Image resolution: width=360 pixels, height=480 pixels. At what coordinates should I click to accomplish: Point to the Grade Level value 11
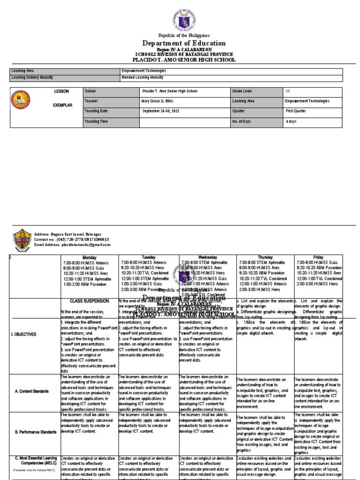(x=287, y=90)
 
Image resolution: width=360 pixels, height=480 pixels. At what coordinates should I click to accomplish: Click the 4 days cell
(x=291, y=121)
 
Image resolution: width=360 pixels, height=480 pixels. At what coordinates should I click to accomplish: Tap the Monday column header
(x=89, y=257)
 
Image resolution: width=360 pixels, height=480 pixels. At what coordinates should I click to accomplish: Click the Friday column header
(x=318, y=257)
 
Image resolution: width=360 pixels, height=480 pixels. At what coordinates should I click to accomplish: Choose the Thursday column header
(x=265, y=257)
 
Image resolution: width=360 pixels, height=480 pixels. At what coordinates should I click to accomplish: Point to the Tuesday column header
(x=148, y=257)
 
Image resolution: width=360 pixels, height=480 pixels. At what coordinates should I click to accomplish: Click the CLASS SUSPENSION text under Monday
(x=89, y=300)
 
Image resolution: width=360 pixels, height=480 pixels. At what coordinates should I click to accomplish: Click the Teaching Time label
(x=97, y=121)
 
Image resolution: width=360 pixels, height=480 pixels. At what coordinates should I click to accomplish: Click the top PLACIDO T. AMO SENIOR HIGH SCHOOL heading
(x=184, y=60)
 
